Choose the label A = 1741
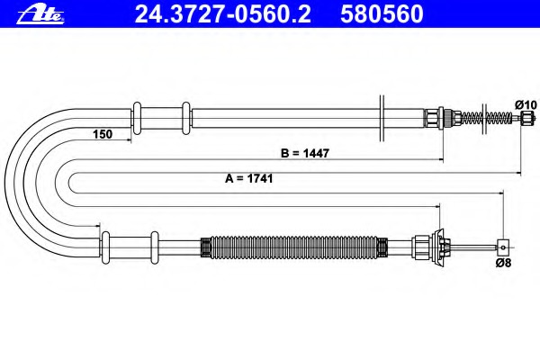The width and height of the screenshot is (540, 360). coord(248,178)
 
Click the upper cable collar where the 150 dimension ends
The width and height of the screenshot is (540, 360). coord(137,118)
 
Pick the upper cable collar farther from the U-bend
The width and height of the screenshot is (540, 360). coord(186,118)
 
